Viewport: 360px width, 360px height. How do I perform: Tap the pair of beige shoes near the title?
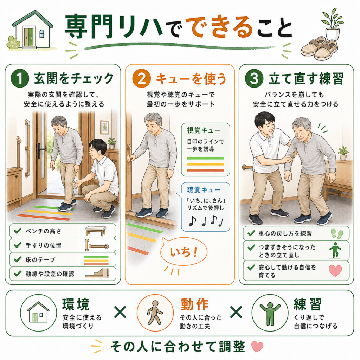tap(320, 49)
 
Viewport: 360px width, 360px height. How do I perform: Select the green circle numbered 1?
tap(20, 79)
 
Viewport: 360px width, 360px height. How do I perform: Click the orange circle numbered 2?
tap(141, 79)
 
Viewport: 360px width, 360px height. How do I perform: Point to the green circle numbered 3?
tap(254, 79)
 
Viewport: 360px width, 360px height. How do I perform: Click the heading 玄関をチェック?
tap(74, 78)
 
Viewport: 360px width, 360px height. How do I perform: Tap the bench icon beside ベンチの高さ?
tap(96, 231)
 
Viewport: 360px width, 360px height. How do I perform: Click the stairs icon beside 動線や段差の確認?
tap(97, 273)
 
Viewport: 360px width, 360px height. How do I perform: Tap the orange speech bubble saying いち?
tap(184, 252)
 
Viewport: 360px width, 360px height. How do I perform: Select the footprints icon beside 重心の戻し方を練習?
tap(337, 233)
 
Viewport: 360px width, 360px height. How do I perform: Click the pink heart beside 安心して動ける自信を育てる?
tap(335, 271)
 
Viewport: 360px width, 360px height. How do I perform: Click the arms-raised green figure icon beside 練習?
tap(270, 313)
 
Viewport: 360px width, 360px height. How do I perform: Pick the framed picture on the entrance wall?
tap(104, 127)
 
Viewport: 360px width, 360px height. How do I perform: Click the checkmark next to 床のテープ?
tap(18, 259)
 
